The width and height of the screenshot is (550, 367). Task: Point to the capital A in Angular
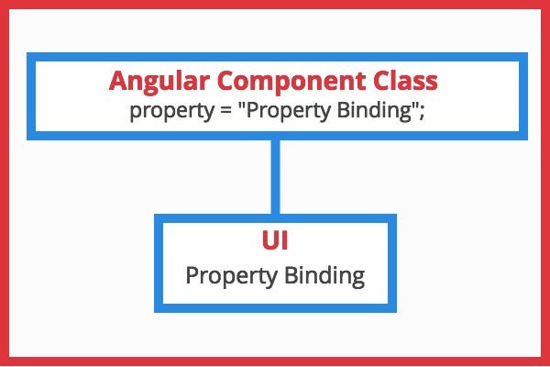click(x=118, y=81)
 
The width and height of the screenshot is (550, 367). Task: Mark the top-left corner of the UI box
click(x=159, y=219)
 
